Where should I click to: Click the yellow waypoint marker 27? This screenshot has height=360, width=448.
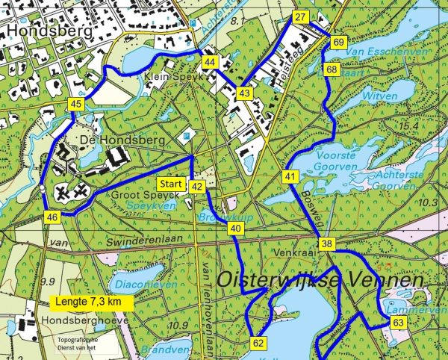click(x=301, y=18)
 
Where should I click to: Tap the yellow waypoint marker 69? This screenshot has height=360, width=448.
click(x=338, y=43)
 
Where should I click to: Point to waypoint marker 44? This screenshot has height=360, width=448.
click(x=210, y=62)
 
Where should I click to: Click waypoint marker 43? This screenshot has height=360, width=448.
click(x=245, y=93)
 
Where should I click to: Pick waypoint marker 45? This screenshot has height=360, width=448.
click(x=75, y=105)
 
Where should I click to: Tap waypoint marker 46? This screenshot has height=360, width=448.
click(x=52, y=217)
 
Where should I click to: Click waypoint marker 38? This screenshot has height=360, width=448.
click(x=327, y=244)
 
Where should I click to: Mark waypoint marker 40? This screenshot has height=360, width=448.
click(x=236, y=228)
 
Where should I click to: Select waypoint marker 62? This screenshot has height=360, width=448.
click(x=259, y=344)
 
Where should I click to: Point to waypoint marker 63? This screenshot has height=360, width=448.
click(x=398, y=323)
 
